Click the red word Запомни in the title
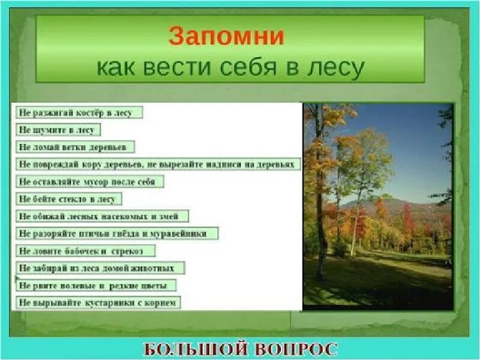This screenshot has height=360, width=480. tap(226, 37)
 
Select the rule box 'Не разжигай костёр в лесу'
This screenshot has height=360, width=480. tap(80, 112)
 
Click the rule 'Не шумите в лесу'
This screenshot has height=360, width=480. tap(58, 130)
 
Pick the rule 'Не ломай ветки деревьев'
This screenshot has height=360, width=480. tap(75, 147)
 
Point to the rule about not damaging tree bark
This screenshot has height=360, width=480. tap(157, 164)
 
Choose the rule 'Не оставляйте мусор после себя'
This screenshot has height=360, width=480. tap(89, 181)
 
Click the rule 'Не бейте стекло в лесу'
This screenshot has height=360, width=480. tap(69, 199)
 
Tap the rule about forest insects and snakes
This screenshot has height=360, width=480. tap(103, 216)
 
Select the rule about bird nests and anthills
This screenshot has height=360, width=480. tap(117, 233)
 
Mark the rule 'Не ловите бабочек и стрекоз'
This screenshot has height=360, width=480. tap(86, 251)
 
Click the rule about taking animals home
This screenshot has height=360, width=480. tap(100, 268)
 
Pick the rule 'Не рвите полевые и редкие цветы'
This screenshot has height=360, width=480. tap(96, 286)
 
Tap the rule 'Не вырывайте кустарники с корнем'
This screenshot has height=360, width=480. tap(98, 303)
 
